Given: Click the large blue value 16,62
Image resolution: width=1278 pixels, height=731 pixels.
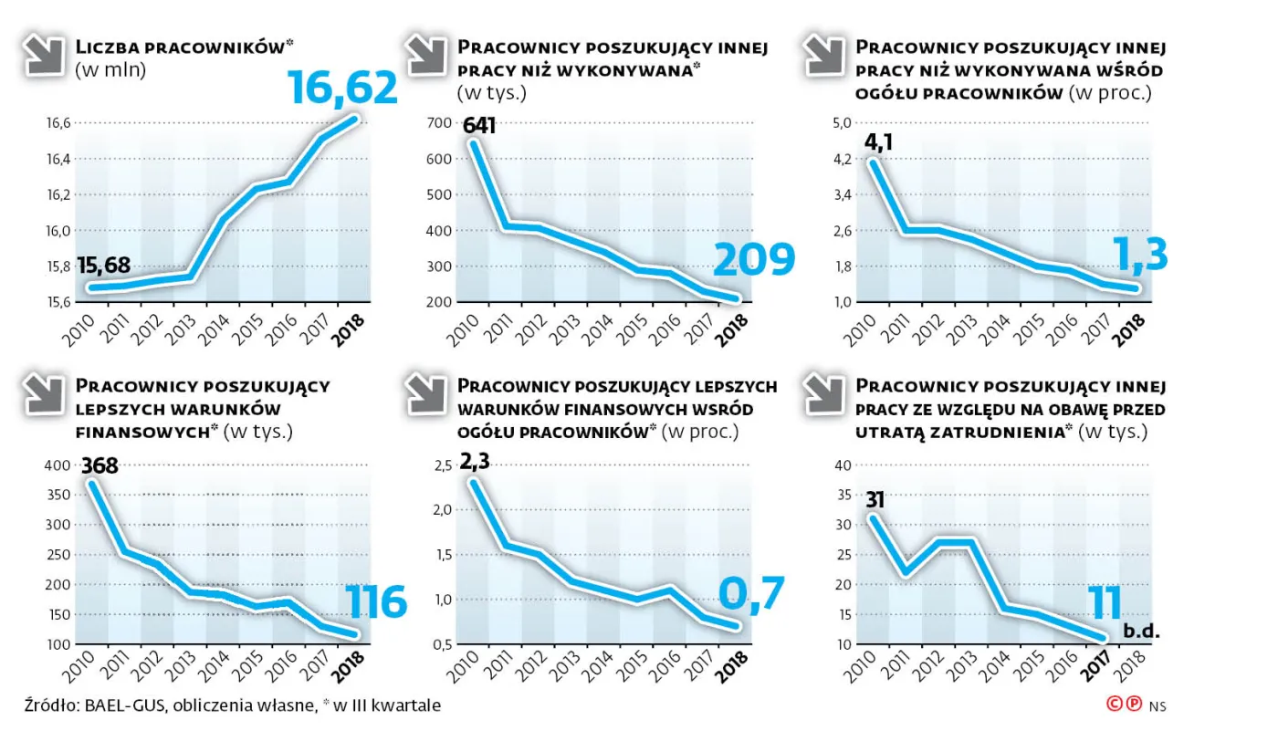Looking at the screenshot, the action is coord(342,88).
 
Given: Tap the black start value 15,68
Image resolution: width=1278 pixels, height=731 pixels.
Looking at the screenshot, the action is coord(104,266).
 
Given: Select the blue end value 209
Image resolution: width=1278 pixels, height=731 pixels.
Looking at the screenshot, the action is coord(754,259).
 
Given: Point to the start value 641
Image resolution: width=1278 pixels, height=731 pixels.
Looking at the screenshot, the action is coord(479,125).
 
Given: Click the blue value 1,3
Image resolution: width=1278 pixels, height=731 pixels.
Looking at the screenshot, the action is coord(1140,255).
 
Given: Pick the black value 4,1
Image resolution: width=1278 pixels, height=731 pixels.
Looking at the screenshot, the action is coord(878,142).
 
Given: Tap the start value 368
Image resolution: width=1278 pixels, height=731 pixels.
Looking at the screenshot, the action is coord(100,465).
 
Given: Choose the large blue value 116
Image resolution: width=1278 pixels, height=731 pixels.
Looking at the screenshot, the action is coord(376,601).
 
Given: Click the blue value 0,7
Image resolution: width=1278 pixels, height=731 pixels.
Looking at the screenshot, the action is coord(752,594).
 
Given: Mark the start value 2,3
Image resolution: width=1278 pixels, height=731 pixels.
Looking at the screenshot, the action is coord(475,461).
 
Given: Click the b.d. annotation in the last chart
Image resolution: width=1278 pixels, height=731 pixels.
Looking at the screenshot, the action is coord(1141,631).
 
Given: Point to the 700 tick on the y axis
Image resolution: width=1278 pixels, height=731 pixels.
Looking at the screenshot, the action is coord(439,123).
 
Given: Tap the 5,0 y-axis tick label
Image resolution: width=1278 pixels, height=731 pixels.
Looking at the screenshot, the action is coord(842,123).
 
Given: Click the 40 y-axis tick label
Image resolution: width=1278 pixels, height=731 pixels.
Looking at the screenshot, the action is coord(843,465).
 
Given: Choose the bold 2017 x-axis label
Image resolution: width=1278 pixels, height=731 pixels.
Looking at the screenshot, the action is coord(1095,666).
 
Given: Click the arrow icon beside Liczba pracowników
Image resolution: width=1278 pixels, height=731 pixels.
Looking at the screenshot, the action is coord(44,55).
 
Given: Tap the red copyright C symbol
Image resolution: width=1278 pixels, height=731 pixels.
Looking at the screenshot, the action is coord(1115,705).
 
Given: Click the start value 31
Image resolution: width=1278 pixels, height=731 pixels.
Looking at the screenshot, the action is coord(875,500).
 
